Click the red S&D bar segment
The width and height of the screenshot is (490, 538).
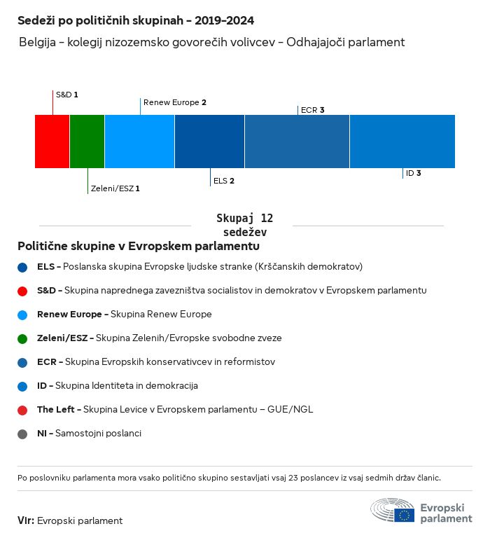coord(52,142)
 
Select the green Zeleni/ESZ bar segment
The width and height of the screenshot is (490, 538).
coord(87,142)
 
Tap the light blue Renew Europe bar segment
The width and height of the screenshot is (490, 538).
coord(139,142)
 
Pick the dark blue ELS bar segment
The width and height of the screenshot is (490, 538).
coord(209,142)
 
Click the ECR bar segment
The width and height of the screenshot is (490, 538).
coord(297,142)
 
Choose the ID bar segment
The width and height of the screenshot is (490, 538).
coord(402,142)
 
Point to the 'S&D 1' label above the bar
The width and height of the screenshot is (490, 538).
coord(66,94)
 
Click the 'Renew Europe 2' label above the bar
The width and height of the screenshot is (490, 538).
coord(174,102)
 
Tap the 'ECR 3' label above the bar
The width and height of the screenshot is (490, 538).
coord(312,110)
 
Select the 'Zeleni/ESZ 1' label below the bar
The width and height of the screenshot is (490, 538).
coord(115,188)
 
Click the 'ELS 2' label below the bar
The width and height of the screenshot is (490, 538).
coord(223,181)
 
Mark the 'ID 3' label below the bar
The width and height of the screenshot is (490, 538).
coord(413,173)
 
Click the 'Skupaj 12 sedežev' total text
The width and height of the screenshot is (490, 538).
coord(244,226)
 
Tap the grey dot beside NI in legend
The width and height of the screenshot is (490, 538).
coord(23,434)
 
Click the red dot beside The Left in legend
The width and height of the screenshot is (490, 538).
coord(23,410)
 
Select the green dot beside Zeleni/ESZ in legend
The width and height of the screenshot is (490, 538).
coord(23,338)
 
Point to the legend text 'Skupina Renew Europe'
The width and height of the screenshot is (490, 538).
coord(161,315)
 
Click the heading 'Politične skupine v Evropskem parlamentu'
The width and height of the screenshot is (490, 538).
coord(139,247)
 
